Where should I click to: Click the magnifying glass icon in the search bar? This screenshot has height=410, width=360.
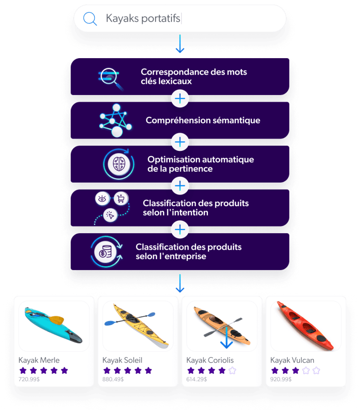point(90,19)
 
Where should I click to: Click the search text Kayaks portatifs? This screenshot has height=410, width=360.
point(143,19)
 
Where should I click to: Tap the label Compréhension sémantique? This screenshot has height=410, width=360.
point(203,121)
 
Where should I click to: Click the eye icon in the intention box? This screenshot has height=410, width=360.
point(101,199)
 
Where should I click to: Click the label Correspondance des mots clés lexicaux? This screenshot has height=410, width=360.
point(194,77)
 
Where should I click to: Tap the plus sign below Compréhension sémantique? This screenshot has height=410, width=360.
point(180,142)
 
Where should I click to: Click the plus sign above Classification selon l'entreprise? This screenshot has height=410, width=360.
point(180,230)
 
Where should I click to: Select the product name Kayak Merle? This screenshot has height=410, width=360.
point(39,360)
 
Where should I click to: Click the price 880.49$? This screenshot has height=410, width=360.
point(113,379)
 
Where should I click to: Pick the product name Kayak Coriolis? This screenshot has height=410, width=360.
point(210,360)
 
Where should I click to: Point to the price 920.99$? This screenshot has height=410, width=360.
point(281,379)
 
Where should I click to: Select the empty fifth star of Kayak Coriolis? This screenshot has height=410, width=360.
point(232,370)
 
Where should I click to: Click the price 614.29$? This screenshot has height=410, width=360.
point(197,379)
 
